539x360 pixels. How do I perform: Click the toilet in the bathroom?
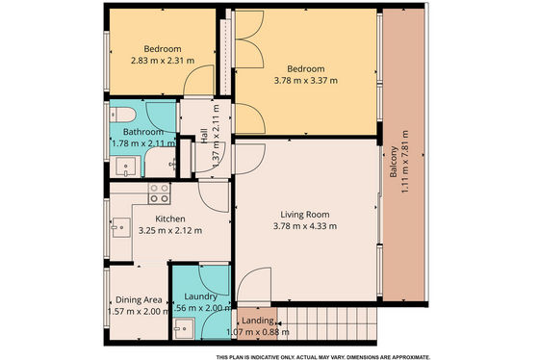123,115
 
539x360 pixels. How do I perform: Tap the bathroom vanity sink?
125,167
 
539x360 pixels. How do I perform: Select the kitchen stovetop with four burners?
160,193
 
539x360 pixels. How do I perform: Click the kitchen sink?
121,227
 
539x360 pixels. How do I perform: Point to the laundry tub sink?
184,328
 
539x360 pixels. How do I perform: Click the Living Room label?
305,215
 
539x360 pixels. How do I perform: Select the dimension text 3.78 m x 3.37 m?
306,81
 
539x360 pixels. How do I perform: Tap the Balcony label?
394,162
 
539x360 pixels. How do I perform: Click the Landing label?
258,321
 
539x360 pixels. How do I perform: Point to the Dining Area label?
139,299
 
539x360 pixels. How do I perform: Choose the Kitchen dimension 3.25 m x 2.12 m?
170,230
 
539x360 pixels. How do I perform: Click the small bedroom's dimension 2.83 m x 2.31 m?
163,61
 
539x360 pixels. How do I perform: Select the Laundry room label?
200,296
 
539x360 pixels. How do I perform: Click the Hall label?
204,136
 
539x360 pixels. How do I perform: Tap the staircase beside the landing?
327,323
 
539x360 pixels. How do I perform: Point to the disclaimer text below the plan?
322,357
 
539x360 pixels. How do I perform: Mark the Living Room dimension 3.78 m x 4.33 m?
305,226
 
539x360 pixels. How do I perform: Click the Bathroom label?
143,132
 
